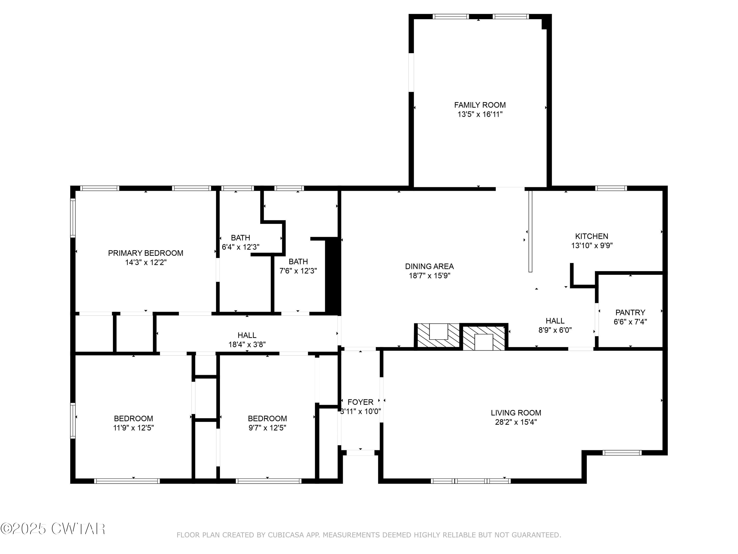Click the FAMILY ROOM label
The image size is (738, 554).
click(479, 105)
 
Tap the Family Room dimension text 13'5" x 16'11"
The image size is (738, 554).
click(479, 114)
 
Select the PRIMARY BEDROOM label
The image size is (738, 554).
click(145, 253)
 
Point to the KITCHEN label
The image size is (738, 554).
click(592, 236)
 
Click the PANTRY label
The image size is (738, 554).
click(630, 312)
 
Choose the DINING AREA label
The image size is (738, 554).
click(429, 266)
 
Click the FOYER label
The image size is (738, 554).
click(360, 402)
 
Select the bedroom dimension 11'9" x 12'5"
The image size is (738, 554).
click(133, 428)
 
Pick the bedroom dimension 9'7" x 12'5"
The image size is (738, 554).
click(267, 428)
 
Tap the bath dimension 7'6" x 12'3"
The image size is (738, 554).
click(298, 271)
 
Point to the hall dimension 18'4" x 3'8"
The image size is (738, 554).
click(247, 344)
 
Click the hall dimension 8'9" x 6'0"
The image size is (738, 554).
click(555, 330)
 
